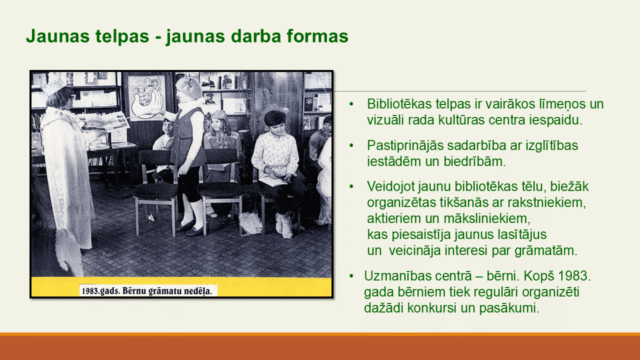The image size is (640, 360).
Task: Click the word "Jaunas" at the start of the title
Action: pos(53,37)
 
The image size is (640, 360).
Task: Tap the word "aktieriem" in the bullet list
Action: pos(396,218)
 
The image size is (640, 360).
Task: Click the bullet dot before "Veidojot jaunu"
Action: pos(352,187)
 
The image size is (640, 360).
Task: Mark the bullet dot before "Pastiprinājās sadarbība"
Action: pos(352,145)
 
